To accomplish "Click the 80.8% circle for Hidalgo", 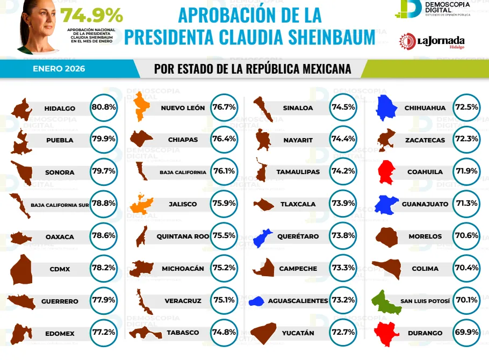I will [104, 107].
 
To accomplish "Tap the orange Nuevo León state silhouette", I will [141, 107].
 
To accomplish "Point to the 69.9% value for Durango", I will [466, 333].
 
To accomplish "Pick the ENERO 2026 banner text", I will [59, 69].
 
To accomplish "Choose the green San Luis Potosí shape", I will [387, 301].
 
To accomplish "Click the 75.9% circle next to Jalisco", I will [224, 204].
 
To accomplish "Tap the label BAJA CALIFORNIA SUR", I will [60, 205].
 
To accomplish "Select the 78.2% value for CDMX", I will [104, 269].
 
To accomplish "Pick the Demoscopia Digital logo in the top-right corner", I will [435, 9].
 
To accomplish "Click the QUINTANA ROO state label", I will [183, 236].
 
